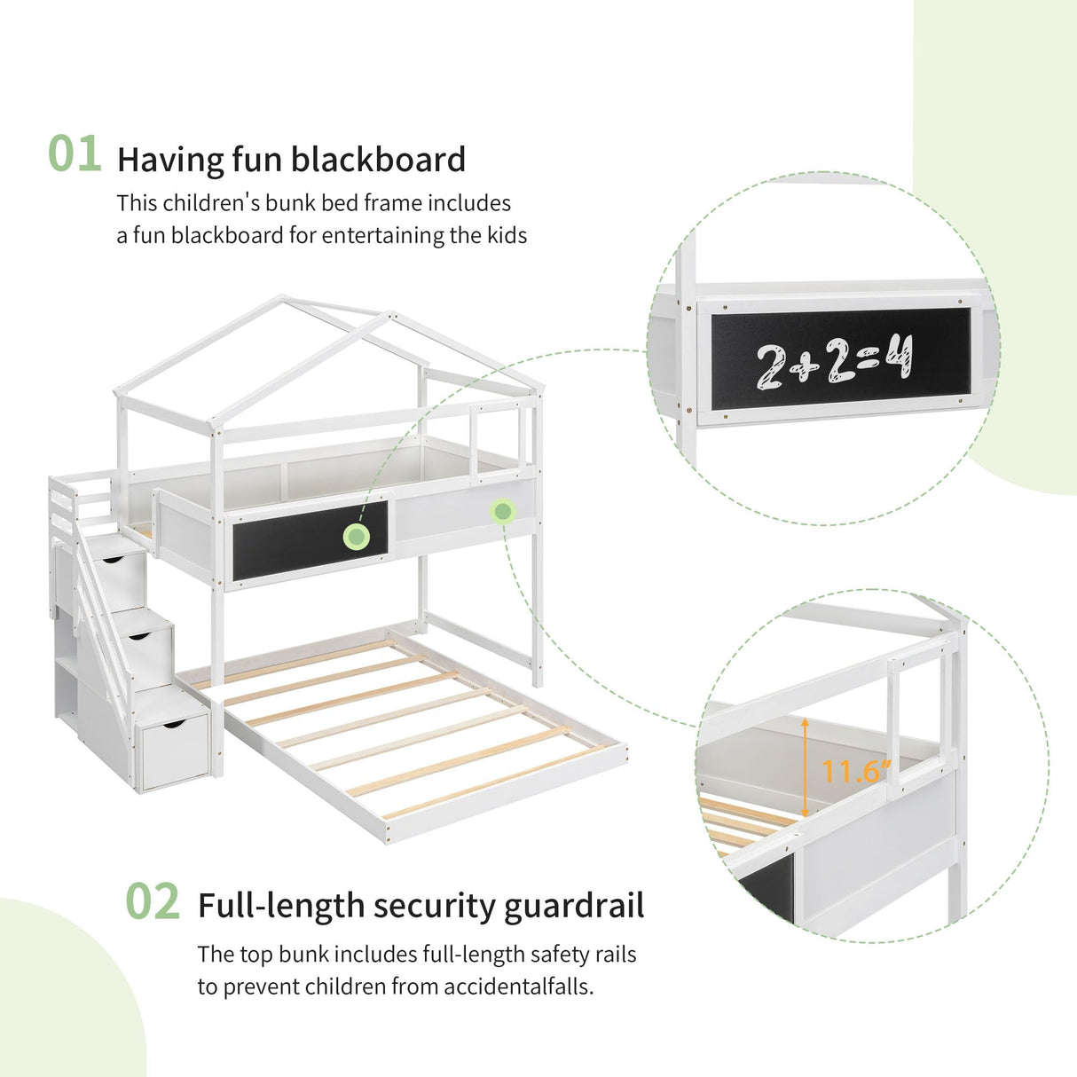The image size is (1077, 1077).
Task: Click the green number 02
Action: (152, 902)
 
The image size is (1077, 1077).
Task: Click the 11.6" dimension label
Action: (856, 771)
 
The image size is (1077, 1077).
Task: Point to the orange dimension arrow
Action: (805, 767)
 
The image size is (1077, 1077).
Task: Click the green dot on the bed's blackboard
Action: (358, 536)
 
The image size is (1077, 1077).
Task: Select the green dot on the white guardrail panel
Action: (503, 511)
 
